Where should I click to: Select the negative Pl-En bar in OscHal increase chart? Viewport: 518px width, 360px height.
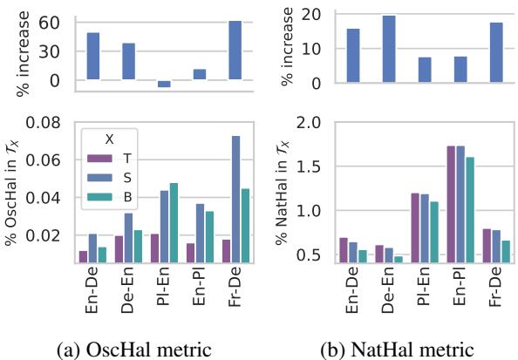(163, 84)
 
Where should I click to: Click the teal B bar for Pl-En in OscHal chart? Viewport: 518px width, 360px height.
(174, 223)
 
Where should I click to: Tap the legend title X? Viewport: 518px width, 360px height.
(109, 138)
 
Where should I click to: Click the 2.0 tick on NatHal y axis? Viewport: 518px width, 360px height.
(318, 122)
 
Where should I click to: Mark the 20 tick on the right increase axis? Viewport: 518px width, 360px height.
(321, 14)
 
